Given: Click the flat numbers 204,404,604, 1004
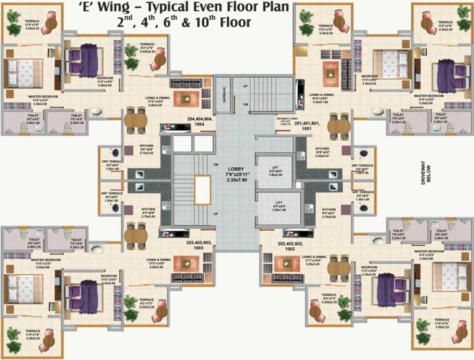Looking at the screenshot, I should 200,121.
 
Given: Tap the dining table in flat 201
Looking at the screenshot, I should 339,126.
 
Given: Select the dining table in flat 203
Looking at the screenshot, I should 136,235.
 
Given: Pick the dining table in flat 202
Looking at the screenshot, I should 339,268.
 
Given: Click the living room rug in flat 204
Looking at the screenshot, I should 186,98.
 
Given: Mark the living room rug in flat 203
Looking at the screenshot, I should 186,263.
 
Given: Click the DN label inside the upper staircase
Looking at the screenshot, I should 245,104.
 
